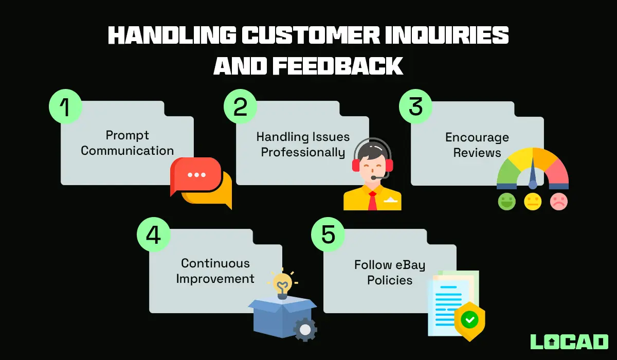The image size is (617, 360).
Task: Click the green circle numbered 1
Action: [x=65, y=107]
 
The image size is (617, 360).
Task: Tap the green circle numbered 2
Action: [x=240, y=107]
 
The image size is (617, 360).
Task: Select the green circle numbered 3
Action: [x=415, y=107]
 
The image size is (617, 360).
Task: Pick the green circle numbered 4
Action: [x=153, y=235]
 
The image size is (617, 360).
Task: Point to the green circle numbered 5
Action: [x=328, y=235]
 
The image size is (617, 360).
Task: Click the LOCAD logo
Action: [x=569, y=341]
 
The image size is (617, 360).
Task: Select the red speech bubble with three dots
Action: [x=196, y=175]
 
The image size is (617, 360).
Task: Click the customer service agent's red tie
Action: [x=372, y=201]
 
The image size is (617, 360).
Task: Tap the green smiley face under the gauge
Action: [x=506, y=201]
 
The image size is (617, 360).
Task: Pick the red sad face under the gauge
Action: [x=559, y=201]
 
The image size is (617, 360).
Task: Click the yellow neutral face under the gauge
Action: [x=533, y=201]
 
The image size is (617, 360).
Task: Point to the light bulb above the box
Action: [x=282, y=284]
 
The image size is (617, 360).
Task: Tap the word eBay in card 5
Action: [x=410, y=265]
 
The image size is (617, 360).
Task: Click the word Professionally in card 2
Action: [x=303, y=153]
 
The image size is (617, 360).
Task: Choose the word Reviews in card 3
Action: [x=477, y=153]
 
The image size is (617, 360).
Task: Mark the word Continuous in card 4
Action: [x=215, y=263]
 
